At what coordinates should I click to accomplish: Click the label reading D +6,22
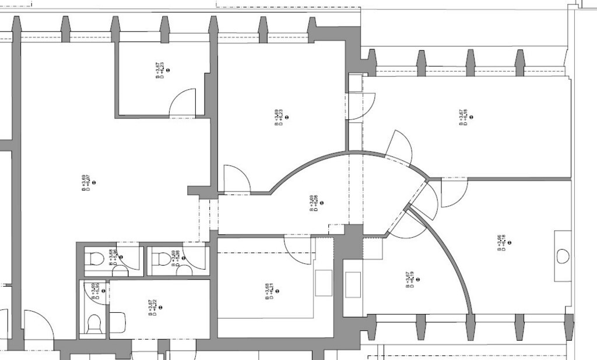[x=154, y=307]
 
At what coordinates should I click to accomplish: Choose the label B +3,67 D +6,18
[x=465, y=117]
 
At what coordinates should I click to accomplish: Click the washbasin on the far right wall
[x=563, y=256]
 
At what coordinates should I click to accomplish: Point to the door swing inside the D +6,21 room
[x=298, y=243]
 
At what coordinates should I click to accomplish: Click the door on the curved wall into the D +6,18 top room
[x=401, y=146]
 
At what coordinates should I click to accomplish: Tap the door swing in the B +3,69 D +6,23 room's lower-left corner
[x=236, y=179]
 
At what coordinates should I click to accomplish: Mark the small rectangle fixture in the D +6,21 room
[x=324, y=283]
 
